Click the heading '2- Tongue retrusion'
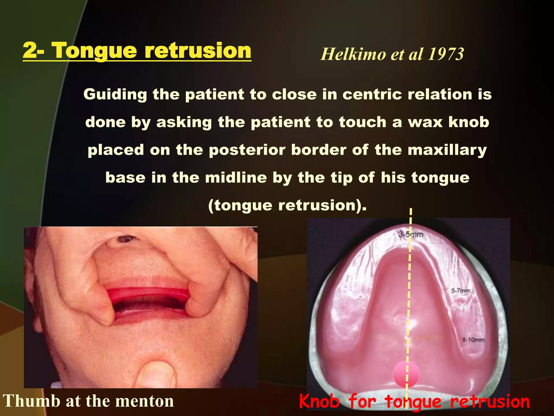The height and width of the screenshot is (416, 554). [x=137, y=51]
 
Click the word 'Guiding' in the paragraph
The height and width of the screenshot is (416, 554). [x=115, y=95]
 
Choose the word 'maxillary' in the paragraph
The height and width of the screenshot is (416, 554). [x=447, y=150]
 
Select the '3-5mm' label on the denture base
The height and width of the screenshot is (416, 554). [x=411, y=235]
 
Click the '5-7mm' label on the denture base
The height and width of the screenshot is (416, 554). [x=461, y=291]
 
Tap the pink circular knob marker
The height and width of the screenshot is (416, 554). [x=406, y=374]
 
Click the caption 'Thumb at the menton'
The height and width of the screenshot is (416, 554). [x=88, y=401]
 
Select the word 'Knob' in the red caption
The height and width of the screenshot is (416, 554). [x=319, y=401]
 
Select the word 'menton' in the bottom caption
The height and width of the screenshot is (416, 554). [x=145, y=401]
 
